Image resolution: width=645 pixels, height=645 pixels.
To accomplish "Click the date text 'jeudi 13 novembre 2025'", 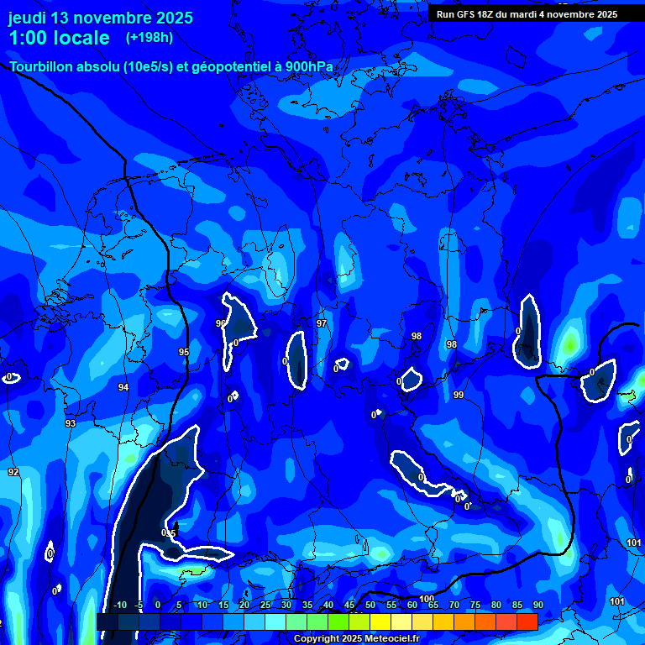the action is coord(100,18).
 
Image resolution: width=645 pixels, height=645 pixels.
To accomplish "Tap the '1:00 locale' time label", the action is coord(59,38).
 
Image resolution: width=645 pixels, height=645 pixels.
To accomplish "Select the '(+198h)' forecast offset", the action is coord(149,37).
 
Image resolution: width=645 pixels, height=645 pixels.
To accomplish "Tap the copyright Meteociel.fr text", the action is coord(355,639).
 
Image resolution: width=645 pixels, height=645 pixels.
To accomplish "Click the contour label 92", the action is coord(13,473).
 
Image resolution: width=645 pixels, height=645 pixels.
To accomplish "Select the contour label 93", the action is coord(71,423).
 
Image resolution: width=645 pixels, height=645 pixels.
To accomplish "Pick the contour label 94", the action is coord(123,387).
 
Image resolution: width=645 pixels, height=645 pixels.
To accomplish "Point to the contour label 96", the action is coord(220,323).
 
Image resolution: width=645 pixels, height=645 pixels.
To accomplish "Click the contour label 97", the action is coord(322,323).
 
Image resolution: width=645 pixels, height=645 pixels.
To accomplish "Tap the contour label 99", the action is coord(459,395).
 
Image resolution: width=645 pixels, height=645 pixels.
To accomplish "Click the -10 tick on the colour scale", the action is coord(119,606).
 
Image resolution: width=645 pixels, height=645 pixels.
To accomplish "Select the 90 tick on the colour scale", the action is coord(537,606).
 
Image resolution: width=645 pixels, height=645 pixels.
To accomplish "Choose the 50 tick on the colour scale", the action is coord(370,606).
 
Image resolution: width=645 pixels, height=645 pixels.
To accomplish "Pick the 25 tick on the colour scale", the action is coord(265,606).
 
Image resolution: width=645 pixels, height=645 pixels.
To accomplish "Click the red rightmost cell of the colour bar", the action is coord(527,621).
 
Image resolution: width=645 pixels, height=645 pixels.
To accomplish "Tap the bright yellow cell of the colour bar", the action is coord(380,621).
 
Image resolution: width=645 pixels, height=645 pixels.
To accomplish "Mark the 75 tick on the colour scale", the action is coord(475,606).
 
